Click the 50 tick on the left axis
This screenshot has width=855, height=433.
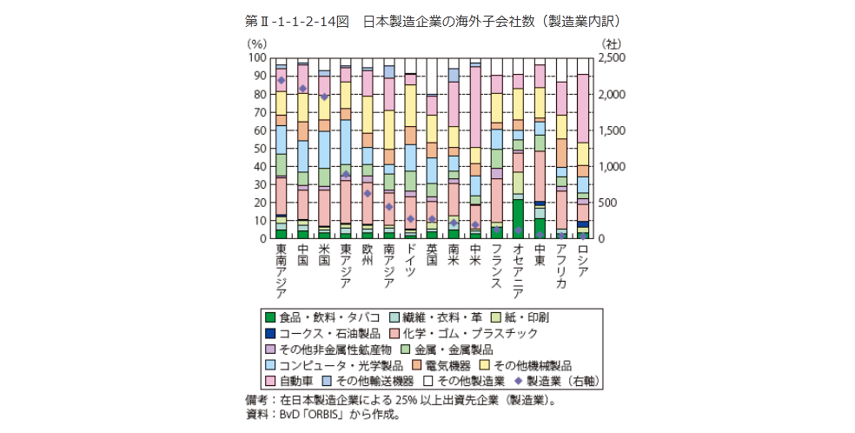(259, 148)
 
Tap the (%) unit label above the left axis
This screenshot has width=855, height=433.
(257, 42)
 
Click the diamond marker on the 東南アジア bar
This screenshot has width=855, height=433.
(281, 80)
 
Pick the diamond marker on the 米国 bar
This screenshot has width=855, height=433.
(324, 97)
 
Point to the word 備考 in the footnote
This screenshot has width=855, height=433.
(258, 401)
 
